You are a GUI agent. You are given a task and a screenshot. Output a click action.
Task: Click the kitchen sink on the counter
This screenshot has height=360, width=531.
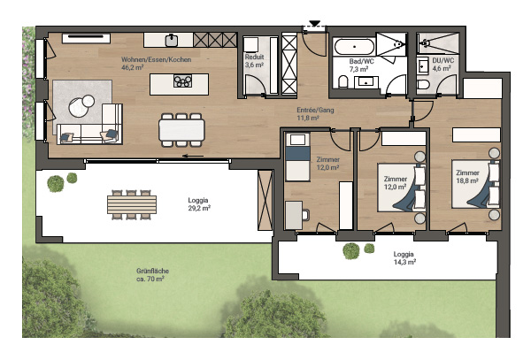pyautogui.click(x=172, y=41)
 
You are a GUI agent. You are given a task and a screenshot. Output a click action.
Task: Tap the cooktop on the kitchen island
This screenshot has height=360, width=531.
pyautogui.click(x=182, y=81)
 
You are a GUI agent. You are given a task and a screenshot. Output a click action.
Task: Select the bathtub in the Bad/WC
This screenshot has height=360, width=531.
pyautogui.click(x=354, y=47)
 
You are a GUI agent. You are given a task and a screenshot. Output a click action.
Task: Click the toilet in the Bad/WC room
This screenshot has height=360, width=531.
pyautogui.click(x=343, y=82)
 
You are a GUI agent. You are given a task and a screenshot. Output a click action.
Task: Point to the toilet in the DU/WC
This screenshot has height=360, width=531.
pyautogui.click(x=423, y=84)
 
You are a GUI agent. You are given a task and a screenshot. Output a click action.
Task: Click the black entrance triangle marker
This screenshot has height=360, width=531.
pyautogui.click(x=315, y=23)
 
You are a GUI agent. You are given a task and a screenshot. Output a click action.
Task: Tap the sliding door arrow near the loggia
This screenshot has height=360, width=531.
pyautogui.click(x=193, y=156)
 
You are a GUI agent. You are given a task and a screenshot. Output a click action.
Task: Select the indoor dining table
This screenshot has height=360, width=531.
pyautogui.click(x=181, y=130)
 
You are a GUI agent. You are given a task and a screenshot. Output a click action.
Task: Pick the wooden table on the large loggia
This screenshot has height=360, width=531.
pyautogui.click(x=132, y=204)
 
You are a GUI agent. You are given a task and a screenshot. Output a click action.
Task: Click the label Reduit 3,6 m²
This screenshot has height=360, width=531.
pyautogui.click(x=254, y=60)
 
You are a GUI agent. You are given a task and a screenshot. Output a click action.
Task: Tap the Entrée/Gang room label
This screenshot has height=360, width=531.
pyautogui.click(x=315, y=110)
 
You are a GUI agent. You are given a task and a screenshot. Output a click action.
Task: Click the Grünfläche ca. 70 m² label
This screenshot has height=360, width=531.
pyautogui.click(x=152, y=275)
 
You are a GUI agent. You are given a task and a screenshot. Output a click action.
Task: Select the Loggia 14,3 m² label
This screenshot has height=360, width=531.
pyautogui.click(x=404, y=257)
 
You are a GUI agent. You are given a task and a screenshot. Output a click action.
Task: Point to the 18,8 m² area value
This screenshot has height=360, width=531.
pyautogui.click(x=467, y=180)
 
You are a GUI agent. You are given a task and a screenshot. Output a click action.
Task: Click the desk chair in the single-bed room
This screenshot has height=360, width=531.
pyautogui.click(x=306, y=215)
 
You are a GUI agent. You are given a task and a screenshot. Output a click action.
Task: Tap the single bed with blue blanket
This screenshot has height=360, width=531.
pyautogui.click(x=297, y=157)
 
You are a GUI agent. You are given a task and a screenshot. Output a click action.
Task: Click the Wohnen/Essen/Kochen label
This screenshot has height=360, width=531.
pyautogui.click(x=156, y=59)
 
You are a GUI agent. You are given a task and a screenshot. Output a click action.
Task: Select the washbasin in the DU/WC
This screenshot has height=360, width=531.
pyautogui.click(x=421, y=66)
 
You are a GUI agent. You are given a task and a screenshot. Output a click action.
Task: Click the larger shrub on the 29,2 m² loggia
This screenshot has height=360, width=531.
pyautogui.click(x=56, y=184)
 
